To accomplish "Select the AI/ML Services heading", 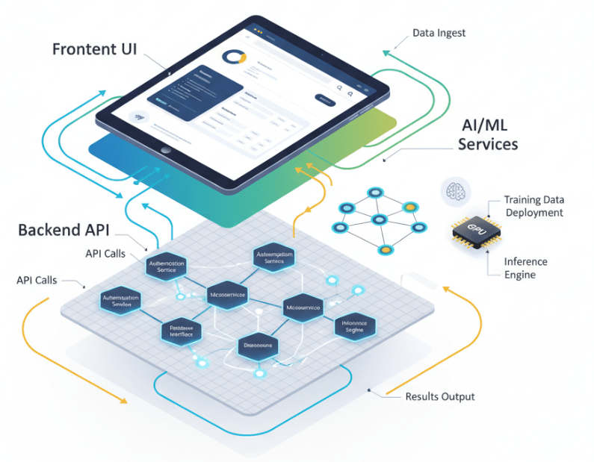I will tap(488, 133).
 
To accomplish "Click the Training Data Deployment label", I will tap(533, 206).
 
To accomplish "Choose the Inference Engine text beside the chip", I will tap(525, 268).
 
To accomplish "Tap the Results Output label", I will tap(439, 396).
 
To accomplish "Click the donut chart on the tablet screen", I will tap(235, 57).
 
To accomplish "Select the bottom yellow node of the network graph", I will tap(386, 249).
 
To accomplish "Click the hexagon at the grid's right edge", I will tap(355, 325).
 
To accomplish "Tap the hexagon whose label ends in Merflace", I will tap(181, 331).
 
